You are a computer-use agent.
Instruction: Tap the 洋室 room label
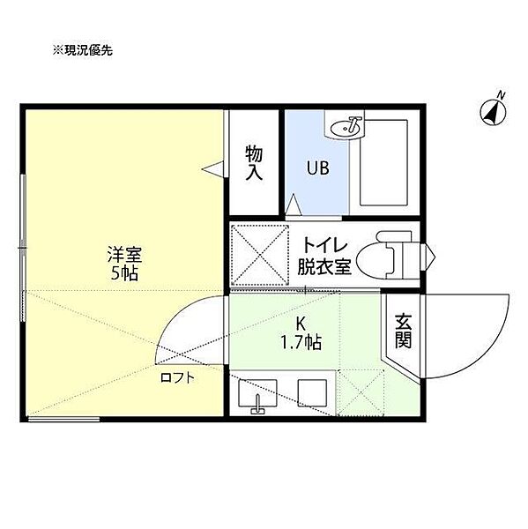(x=124, y=255)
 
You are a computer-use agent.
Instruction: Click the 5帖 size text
(x=124, y=273)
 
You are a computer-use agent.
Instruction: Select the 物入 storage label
(x=254, y=163)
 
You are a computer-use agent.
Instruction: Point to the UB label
(x=317, y=168)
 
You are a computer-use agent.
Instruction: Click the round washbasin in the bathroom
(x=346, y=128)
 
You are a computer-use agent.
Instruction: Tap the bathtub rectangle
(x=383, y=162)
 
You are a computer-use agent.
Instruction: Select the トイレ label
(x=325, y=245)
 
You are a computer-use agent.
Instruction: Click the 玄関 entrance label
(x=403, y=331)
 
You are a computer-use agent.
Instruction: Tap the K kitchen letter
(x=301, y=324)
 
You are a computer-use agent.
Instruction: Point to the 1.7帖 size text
(x=301, y=342)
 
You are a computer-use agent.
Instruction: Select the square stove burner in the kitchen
(x=312, y=393)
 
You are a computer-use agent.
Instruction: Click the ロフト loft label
(x=177, y=377)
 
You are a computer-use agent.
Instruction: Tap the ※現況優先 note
(x=82, y=50)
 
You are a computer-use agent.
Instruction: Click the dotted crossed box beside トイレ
(x=259, y=255)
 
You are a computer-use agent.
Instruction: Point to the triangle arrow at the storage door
(x=212, y=168)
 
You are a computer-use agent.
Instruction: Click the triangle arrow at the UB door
(x=293, y=205)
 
